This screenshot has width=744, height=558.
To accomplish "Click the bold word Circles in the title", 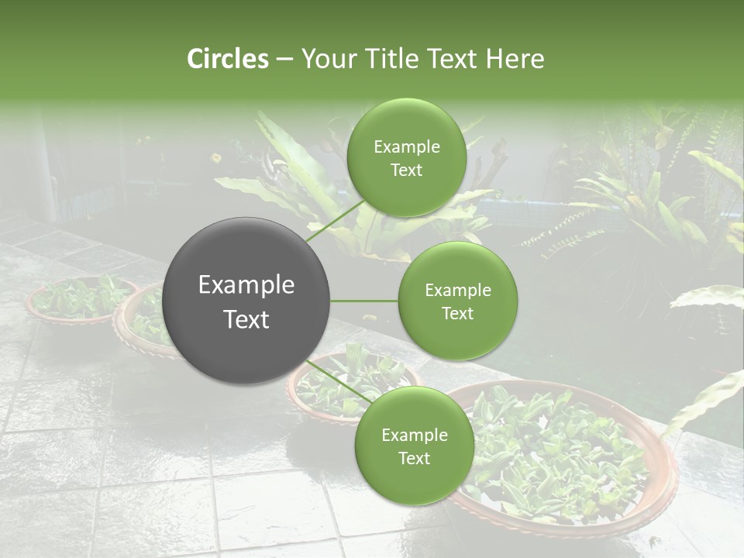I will pyautogui.click(x=227, y=59).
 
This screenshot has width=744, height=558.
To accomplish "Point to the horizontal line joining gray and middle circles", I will pyautogui.click(x=364, y=301).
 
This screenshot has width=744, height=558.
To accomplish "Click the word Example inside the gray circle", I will pyautogui.click(x=246, y=285).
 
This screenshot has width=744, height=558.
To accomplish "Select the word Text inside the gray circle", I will pyautogui.click(x=246, y=319).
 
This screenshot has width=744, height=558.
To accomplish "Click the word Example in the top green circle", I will pyautogui.click(x=406, y=147).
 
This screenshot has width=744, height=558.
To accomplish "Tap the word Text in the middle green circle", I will pyautogui.click(x=458, y=313).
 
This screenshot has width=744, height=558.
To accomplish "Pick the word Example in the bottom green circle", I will pyautogui.click(x=414, y=436).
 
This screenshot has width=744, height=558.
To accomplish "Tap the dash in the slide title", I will pyautogui.click(x=284, y=59).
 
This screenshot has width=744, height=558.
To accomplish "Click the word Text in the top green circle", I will pyautogui.click(x=406, y=170).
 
